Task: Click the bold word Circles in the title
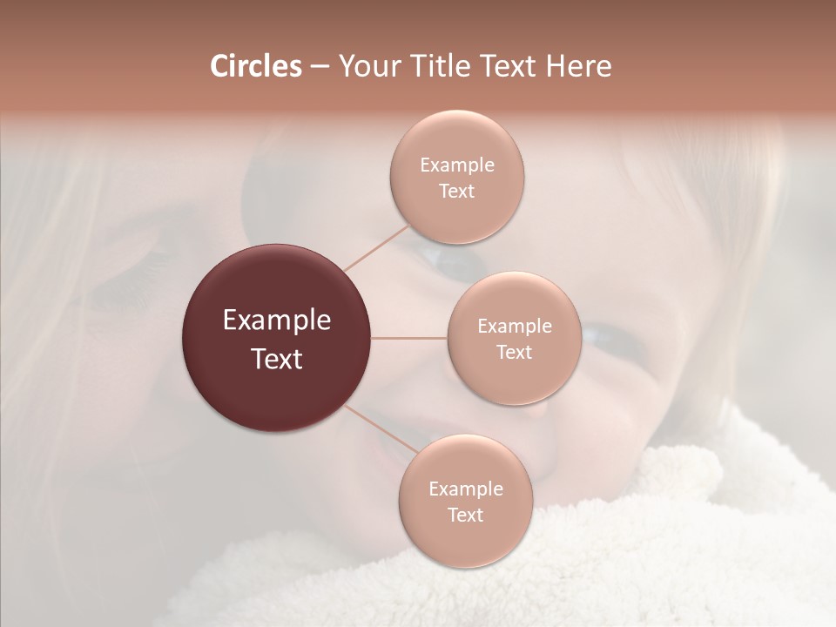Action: click(256, 66)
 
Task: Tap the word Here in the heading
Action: click(578, 66)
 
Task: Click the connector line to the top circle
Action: click(376, 248)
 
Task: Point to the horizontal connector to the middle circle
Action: click(409, 338)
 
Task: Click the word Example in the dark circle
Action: click(277, 320)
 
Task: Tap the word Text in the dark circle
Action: click(277, 359)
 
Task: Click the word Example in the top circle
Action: click(457, 165)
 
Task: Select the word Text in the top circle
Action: click(457, 192)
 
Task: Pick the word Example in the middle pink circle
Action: click(515, 327)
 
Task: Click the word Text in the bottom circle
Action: click(466, 516)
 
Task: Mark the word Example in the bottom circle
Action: click(466, 489)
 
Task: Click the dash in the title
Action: click(320, 66)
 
